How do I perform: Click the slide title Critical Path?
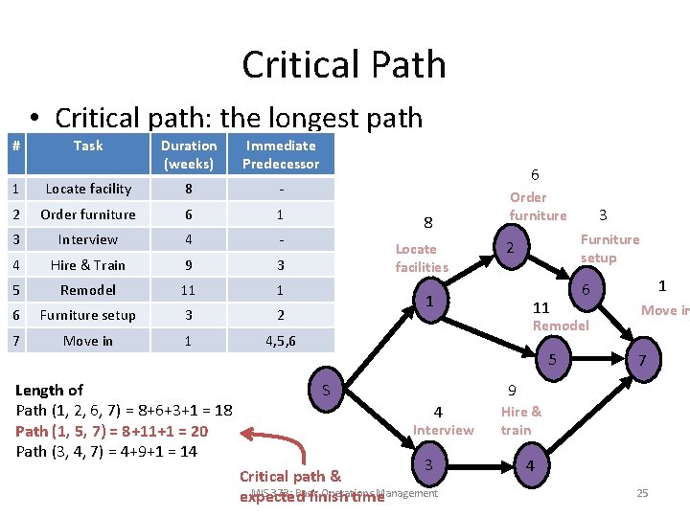pos(344,65)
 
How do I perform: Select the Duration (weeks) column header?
pos(189,154)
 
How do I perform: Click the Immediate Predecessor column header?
pos(281,154)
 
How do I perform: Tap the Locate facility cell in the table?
pos(88,189)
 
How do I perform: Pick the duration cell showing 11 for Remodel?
pos(189,289)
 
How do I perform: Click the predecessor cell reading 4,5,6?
pos(281,340)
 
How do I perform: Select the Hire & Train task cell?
pos(88,264)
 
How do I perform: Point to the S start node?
pos(326,390)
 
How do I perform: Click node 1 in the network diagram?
pos(431,302)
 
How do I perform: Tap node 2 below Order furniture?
pos(512,249)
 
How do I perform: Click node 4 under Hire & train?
pos(530,466)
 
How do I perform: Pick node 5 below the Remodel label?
pos(551,360)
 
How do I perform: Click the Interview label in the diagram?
pos(443,430)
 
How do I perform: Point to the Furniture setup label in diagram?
pos(609,249)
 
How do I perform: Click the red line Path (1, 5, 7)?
pos(111,431)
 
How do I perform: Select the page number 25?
pos(642,493)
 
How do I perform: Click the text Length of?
pos(50,390)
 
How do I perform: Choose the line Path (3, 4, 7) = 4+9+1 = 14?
pos(111,451)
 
